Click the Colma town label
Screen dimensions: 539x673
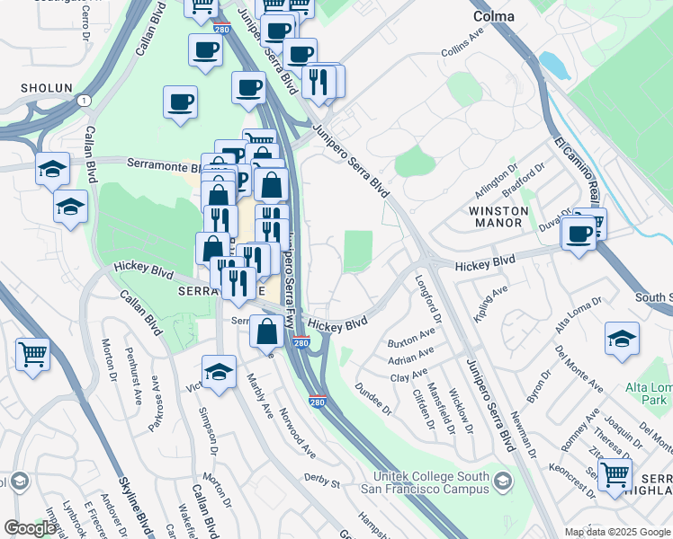point(494,16)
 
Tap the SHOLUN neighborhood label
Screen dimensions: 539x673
point(40,89)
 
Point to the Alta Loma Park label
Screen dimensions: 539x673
point(649,394)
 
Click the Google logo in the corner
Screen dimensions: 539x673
point(30,528)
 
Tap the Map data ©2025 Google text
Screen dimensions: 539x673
point(617,532)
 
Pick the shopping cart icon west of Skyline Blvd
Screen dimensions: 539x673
point(32,354)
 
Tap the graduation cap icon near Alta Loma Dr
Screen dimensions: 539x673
point(622,339)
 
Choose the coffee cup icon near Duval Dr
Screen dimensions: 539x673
point(577,234)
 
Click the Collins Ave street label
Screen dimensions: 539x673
point(463,47)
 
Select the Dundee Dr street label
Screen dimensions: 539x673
point(376,399)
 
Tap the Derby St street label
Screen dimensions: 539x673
point(321,482)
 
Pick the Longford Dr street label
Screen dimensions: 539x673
point(429,297)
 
